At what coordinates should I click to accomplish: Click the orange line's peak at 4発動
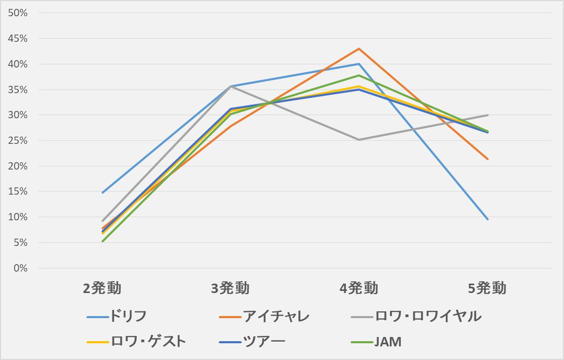[x=359, y=49]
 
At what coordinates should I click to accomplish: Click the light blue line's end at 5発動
[x=488, y=219]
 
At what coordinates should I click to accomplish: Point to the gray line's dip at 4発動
[x=359, y=140]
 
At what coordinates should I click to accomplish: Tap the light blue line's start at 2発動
[x=103, y=193]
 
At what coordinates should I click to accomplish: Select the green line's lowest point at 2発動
[x=103, y=241]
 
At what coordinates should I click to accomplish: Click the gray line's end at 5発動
[x=488, y=115]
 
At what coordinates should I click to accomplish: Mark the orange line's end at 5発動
[x=488, y=159]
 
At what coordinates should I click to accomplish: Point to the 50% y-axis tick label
[x=18, y=13]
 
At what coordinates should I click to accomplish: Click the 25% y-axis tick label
[x=18, y=141]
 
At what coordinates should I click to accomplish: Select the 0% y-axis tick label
[x=20, y=268]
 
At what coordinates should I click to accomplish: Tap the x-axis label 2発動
[x=103, y=288]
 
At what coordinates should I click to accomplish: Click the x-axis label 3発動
[x=231, y=288]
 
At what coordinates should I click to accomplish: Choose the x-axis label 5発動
[x=487, y=288]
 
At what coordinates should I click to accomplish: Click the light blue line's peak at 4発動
[x=359, y=64]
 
